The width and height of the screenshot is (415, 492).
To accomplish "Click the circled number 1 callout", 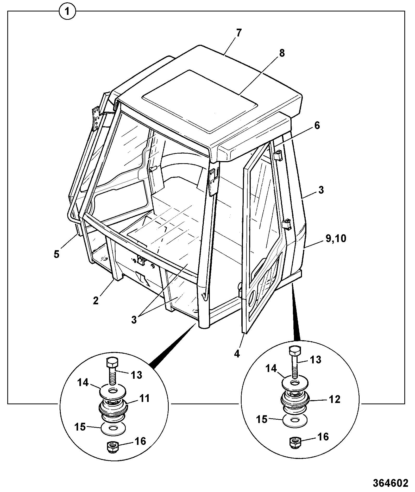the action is (x=68, y=12).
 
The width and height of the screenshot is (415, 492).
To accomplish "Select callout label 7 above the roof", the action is (x=239, y=34).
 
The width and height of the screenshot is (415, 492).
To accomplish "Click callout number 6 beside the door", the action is (x=317, y=125).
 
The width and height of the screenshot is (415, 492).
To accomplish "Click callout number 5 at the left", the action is (x=56, y=254).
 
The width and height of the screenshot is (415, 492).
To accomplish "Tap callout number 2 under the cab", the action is (x=96, y=301).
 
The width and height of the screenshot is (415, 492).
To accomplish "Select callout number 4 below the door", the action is (x=237, y=354).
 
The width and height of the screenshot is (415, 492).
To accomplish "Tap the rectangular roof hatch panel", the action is (x=200, y=100).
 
